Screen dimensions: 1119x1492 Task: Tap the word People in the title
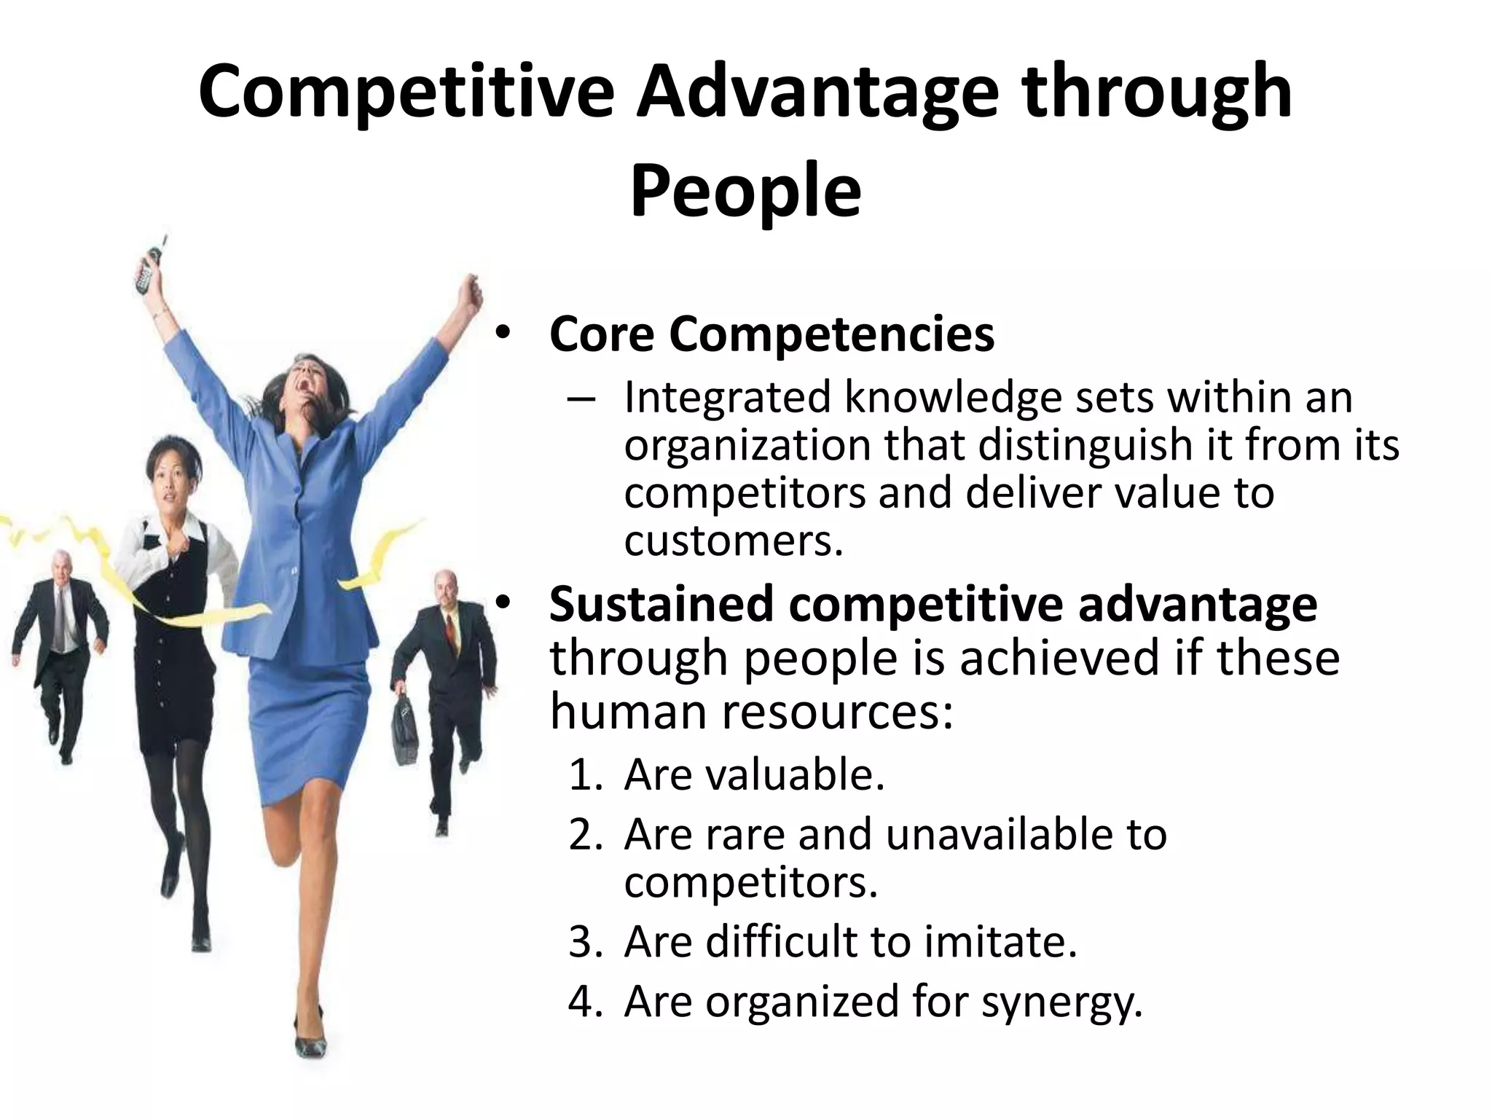(x=745, y=191)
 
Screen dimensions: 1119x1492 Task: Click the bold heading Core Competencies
(x=771, y=334)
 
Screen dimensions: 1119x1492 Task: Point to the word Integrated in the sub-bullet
(x=727, y=398)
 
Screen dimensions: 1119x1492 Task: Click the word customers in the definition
(x=733, y=541)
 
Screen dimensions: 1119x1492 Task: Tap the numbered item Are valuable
(x=754, y=774)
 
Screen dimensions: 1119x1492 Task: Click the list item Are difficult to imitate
(x=850, y=941)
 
